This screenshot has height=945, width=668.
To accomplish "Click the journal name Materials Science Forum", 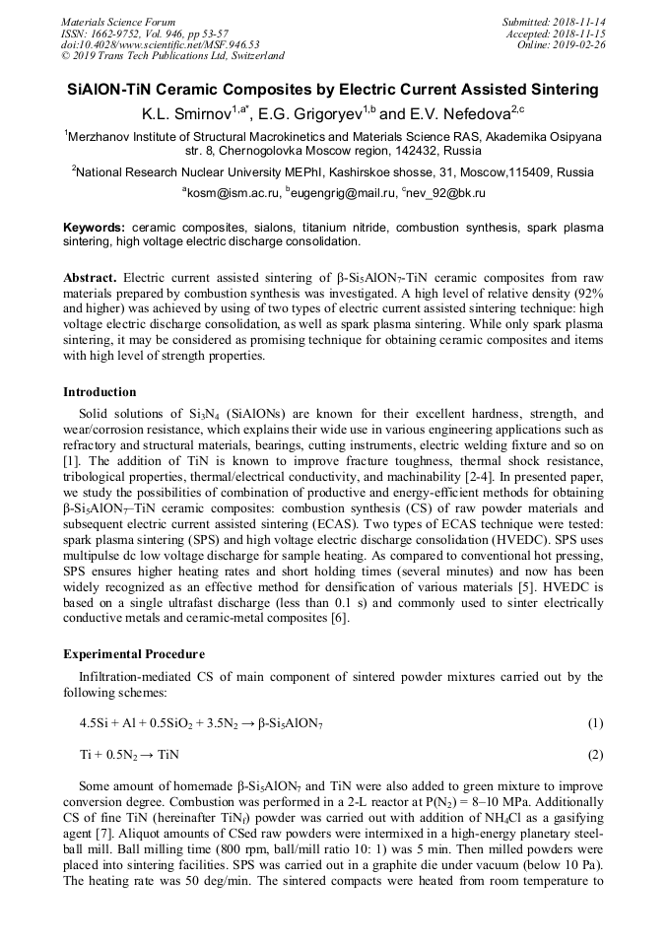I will (x=118, y=22).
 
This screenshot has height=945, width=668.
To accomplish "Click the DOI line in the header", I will (x=160, y=44).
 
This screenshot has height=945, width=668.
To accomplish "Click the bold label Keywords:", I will (x=94, y=227).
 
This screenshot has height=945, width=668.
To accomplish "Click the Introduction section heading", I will (x=100, y=392).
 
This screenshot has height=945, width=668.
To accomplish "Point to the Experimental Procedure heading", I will (x=134, y=654).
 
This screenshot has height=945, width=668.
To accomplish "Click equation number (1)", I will (x=594, y=723).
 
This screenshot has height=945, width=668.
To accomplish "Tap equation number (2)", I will (x=594, y=755).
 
